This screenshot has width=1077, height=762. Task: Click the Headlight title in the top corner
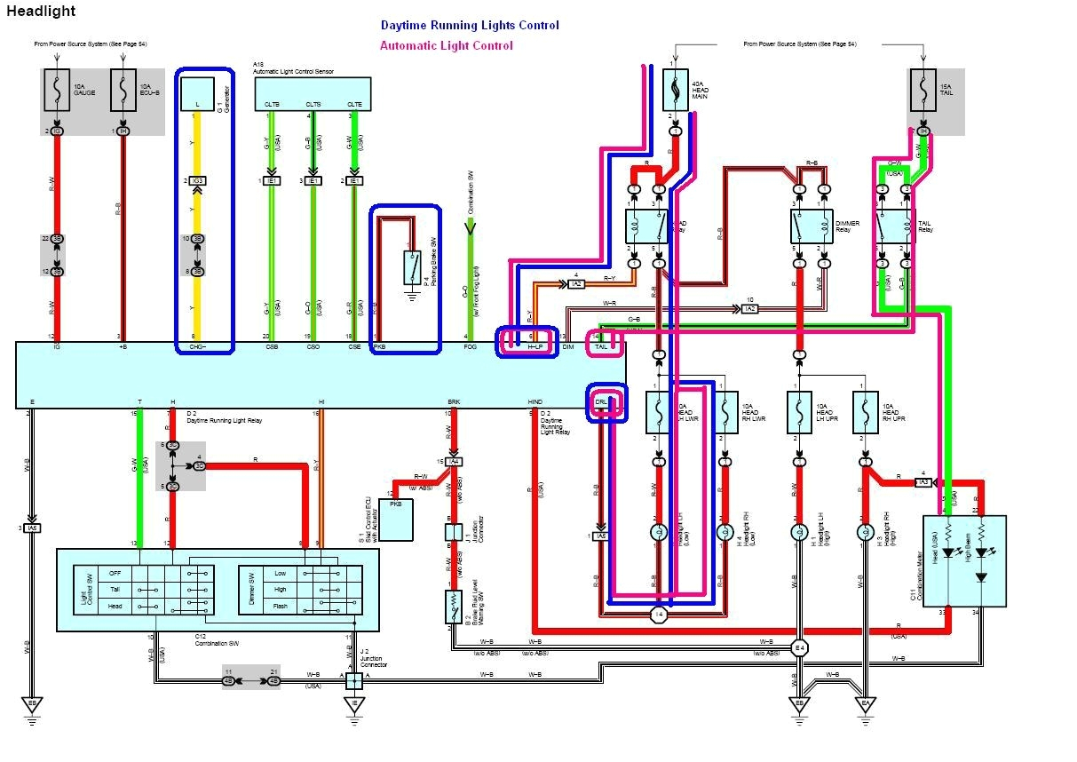(41, 12)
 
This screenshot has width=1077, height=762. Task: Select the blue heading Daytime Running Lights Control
(470, 26)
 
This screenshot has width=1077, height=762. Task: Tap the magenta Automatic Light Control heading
(447, 46)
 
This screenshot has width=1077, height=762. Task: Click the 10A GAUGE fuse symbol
(57, 90)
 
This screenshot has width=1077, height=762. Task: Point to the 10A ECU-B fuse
(123, 90)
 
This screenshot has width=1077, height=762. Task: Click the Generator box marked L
(198, 93)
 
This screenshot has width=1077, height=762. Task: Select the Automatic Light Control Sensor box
(313, 93)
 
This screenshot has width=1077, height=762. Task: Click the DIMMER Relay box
(812, 227)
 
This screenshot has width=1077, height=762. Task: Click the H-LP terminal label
(534, 348)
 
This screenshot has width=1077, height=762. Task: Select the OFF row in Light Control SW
(115, 573)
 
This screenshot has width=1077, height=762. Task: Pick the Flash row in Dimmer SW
(281, 606)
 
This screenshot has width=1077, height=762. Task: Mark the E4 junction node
(798, 647)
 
